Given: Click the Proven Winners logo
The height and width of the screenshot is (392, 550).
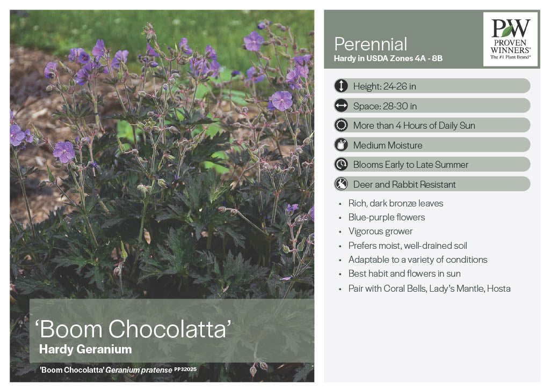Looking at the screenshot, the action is pos(510,39).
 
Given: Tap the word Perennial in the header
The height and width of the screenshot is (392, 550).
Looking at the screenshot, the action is pos(371,45).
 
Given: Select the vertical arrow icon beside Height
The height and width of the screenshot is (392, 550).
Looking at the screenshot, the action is pos(341,86).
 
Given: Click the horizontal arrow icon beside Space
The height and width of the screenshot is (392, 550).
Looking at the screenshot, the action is pos(341,106).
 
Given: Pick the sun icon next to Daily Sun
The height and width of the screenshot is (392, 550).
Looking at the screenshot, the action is pos(341,125).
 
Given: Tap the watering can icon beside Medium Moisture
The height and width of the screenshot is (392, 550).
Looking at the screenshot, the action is pos(341,145).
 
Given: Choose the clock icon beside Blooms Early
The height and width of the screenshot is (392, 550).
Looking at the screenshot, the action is pos(341,164).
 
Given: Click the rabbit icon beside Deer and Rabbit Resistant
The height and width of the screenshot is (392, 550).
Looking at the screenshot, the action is pos(341,184).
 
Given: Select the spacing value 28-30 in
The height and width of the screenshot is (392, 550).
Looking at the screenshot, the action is pos(400,106).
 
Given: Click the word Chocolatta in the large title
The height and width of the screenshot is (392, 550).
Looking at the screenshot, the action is pos(169,329).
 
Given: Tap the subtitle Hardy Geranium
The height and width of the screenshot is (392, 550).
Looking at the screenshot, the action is pos(85,350).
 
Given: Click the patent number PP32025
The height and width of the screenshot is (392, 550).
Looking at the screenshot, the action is pos(185,369).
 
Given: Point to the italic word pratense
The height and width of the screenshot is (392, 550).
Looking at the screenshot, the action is pos(156,370).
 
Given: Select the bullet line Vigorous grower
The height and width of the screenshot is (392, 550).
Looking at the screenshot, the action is pos(380,232).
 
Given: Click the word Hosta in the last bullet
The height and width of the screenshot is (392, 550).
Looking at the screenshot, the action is pos(499,289).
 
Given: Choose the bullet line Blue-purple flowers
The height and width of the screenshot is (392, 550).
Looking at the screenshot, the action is pos(387,218).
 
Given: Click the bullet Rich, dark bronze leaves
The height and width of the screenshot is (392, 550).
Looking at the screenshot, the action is pos(396,204).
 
